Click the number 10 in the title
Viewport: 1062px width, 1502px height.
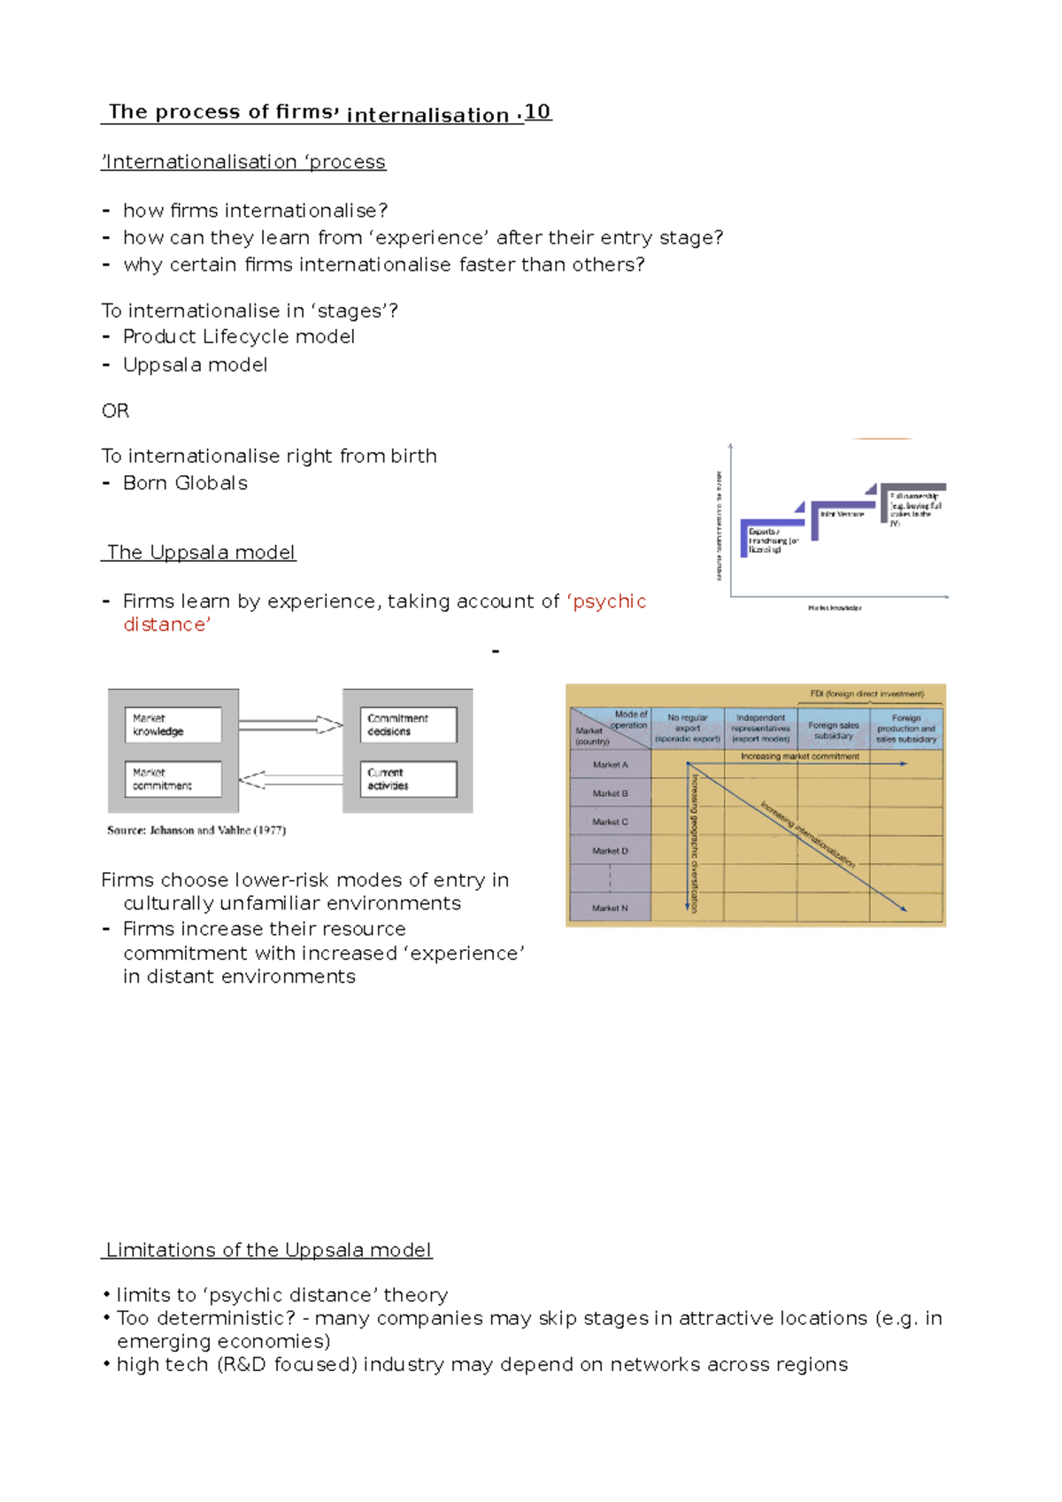537,111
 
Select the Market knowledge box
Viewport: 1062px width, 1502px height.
173,724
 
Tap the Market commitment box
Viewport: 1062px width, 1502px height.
173,778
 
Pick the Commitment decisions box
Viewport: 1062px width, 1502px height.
408,724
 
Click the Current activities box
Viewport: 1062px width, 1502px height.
408,778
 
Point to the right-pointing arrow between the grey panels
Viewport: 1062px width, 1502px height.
290,724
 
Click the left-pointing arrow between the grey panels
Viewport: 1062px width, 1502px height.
290,779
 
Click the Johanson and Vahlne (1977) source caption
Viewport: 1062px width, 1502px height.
196,830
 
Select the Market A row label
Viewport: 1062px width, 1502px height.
610,764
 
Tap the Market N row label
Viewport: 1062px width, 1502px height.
610,908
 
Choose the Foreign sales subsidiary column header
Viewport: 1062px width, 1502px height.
833,730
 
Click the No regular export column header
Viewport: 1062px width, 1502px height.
688,728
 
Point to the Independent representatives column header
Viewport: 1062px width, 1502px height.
760,728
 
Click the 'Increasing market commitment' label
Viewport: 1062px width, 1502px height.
799,756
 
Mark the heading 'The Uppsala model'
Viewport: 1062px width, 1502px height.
200,552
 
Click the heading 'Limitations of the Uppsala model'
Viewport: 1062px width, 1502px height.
267,1250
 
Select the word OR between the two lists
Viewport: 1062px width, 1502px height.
115,410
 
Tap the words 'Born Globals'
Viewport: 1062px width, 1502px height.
185,483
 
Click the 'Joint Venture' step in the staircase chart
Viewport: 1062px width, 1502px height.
841,514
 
